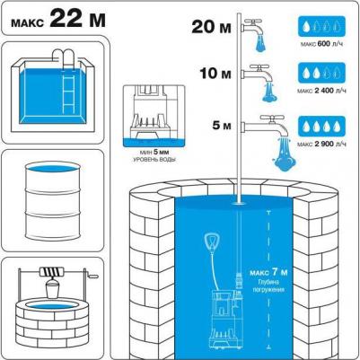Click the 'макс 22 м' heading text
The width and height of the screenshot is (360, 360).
click(x=58, y=20)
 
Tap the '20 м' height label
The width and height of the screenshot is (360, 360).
click(x=211, y=26)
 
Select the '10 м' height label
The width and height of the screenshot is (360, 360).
click(x=215, y=73)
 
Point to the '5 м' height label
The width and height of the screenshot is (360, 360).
click(x=222, y=126)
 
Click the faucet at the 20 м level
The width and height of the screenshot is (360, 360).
click(x=254, y=28)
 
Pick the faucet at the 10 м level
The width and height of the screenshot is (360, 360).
click(x=258, y=75)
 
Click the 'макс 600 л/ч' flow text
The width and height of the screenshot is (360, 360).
click(x=322, y=44)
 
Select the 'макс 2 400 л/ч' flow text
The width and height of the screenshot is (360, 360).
click(x=322, y=91)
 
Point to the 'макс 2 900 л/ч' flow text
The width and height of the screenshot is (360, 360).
click(x=322, y=145)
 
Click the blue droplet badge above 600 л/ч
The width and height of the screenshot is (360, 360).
click(x=321, y=27)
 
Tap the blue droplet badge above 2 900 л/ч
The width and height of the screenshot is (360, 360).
click(x=321, y=127)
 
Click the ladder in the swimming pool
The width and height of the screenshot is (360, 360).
click(x=69, y=92)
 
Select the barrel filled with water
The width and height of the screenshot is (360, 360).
click(x=53, y=201)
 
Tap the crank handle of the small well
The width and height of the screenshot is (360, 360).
click(x=92, y=274)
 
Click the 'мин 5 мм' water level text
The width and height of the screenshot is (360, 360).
click(x=154, y=153)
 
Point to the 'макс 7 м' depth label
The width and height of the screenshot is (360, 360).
click(x=268, y=273)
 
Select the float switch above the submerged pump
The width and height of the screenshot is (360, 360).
click(x=212, y=242)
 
